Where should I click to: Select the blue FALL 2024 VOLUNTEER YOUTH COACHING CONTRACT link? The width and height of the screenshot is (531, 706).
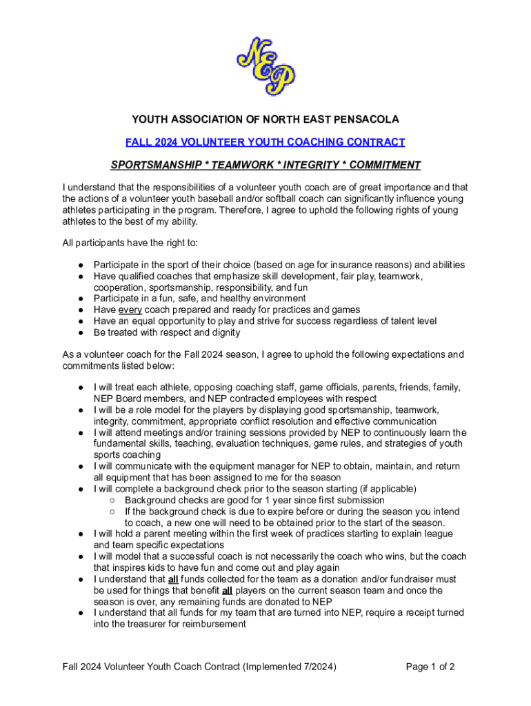[x=265, y=142]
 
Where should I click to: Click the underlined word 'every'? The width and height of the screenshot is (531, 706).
[x=130, y=310]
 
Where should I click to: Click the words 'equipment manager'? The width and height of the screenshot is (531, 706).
[x=246, y=466]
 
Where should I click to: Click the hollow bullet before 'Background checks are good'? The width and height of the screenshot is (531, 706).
[x=111, y=500]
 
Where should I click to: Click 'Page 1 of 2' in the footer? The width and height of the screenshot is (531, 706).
[x=430, y=667]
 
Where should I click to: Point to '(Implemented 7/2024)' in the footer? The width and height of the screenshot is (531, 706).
[x=288, y=667]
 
